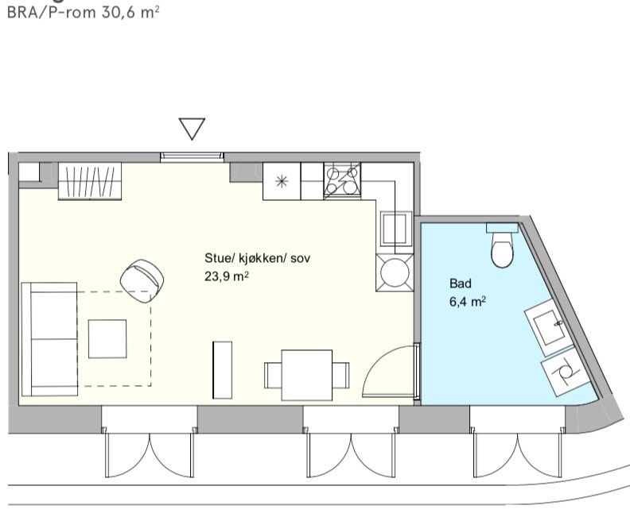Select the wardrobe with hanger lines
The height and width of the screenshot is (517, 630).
(x=90, y=181)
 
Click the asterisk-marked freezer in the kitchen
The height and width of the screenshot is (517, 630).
(x=281, y=181)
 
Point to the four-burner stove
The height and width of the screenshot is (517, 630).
(x=342, y=181)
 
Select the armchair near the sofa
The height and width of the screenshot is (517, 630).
(x=143, y=278)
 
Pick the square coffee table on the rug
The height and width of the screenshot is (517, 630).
(x=107, y=338)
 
